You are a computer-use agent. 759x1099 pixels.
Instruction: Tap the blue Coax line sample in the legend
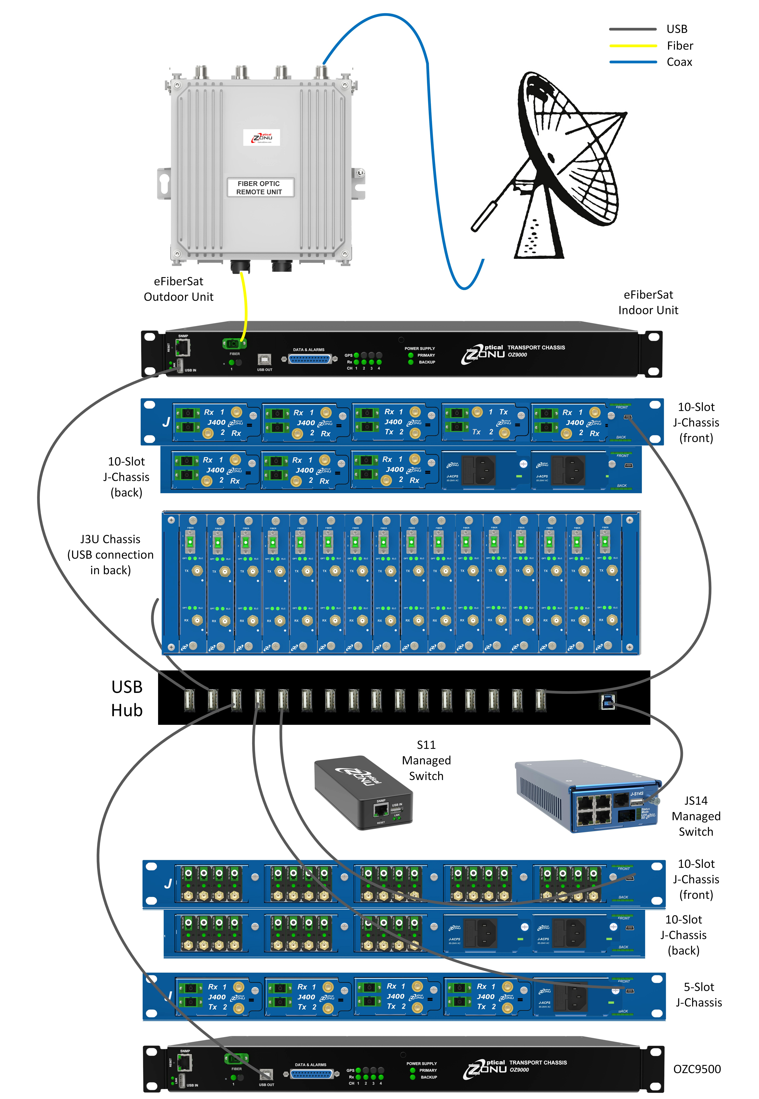[x=633, y=62]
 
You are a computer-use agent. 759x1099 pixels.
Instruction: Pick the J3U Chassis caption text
[x=110, y=554]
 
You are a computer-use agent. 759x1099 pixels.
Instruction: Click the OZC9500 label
[x=697, y=1069]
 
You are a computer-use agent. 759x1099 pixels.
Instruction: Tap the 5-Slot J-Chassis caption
[x=699, y=994]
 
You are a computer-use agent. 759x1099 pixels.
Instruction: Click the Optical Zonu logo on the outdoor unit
[x=262, y=137]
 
